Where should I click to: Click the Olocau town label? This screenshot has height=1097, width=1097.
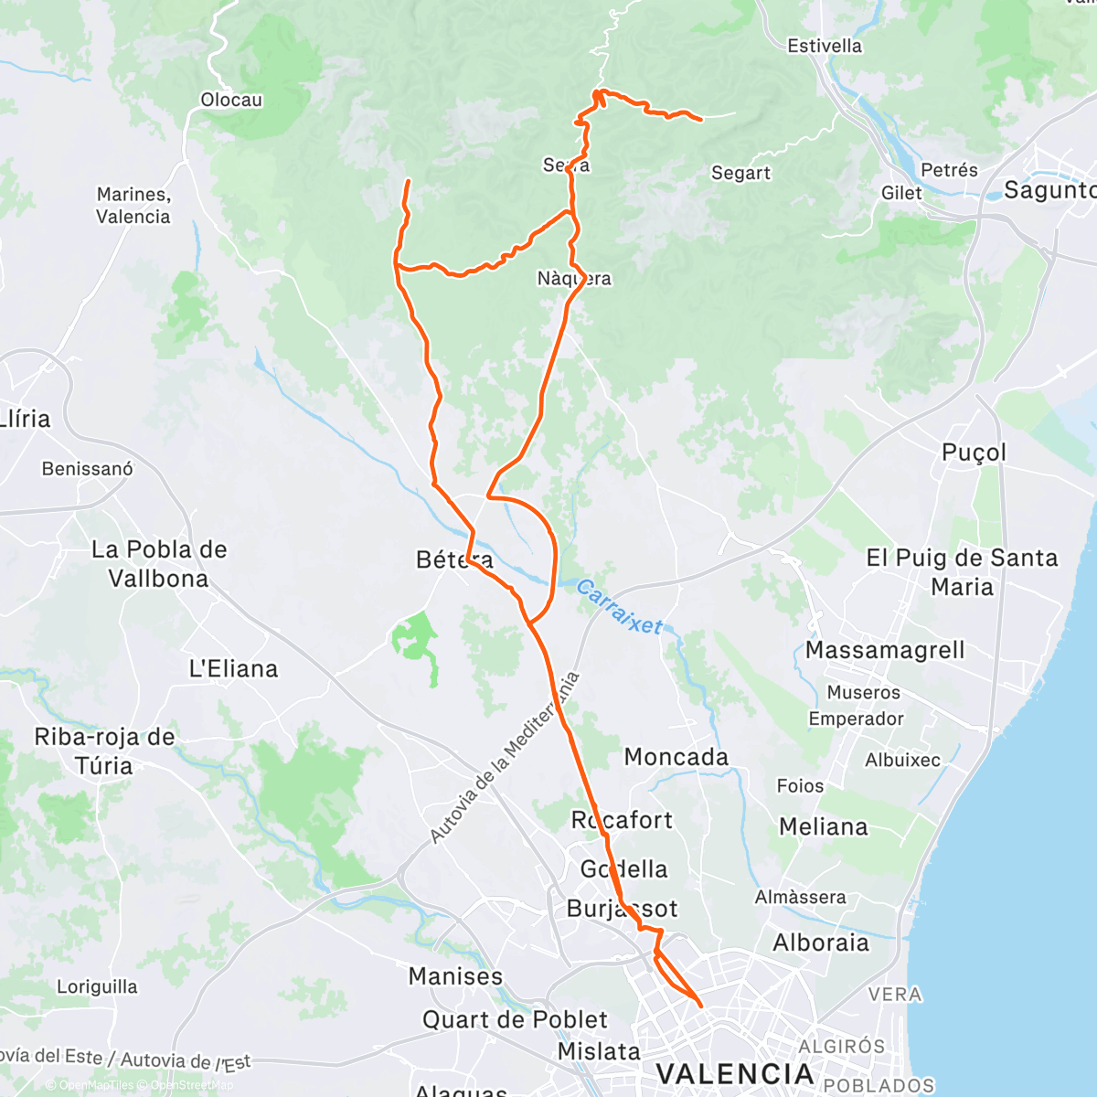click(x=231, y=100)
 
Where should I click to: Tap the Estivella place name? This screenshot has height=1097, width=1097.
click(x=825, y=46)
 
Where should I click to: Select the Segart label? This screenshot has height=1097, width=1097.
click(x=740, y=173)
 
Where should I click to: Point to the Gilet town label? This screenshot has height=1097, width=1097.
click(x=901, y=193)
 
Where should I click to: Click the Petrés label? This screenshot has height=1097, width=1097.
click(x=949, y=170)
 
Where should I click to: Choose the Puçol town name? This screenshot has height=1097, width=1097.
click(x=974, y=453)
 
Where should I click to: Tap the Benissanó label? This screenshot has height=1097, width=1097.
click(x=87, y=469)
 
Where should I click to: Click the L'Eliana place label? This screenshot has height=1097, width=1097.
click(x=233, y=668)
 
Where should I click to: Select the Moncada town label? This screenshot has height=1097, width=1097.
click(x=676, y=757)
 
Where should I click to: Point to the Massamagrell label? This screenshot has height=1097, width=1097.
click(x=885, y=650)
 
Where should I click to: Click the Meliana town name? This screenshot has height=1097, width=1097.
click(x=823, y=826)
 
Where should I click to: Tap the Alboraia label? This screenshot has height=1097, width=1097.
click(x=821, y=943)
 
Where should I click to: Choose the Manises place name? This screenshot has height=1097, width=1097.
click(x=455, y=976)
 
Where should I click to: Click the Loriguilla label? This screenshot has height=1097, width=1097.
click(x=97, y=987)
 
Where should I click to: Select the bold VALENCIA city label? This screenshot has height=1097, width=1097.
click(x=735, y=1073)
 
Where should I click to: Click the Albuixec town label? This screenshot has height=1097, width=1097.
click(x=902, y=760)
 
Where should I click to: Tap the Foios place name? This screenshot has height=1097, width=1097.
click(x=800, y=786)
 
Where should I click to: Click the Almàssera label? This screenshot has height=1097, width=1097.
click(x=800, y=897)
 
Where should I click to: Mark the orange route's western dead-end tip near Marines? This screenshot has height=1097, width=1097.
click(x=408, y=181)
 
